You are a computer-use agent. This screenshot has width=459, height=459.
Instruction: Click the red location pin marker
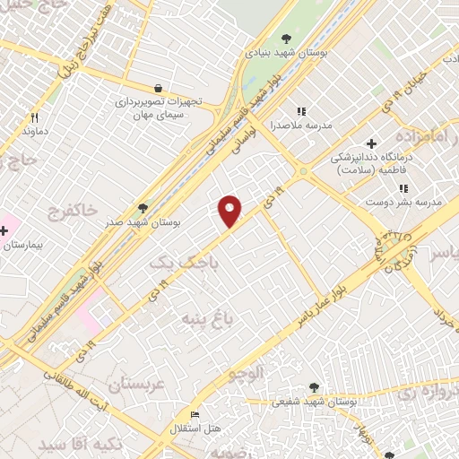point(230,211)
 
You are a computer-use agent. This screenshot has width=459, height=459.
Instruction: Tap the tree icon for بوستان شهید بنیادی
point(286,39)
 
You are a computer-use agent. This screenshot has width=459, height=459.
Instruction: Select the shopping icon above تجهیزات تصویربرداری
point(159,89)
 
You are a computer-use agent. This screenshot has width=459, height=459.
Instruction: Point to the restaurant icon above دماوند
point(35,117)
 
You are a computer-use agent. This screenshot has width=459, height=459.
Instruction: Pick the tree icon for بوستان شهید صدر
point(143,208)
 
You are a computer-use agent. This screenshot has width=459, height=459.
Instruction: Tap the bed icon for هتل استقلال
point(197,414)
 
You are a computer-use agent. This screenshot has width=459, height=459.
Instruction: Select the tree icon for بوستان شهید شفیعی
point(313,387)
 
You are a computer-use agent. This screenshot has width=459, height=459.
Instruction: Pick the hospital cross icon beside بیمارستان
point(4,231)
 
